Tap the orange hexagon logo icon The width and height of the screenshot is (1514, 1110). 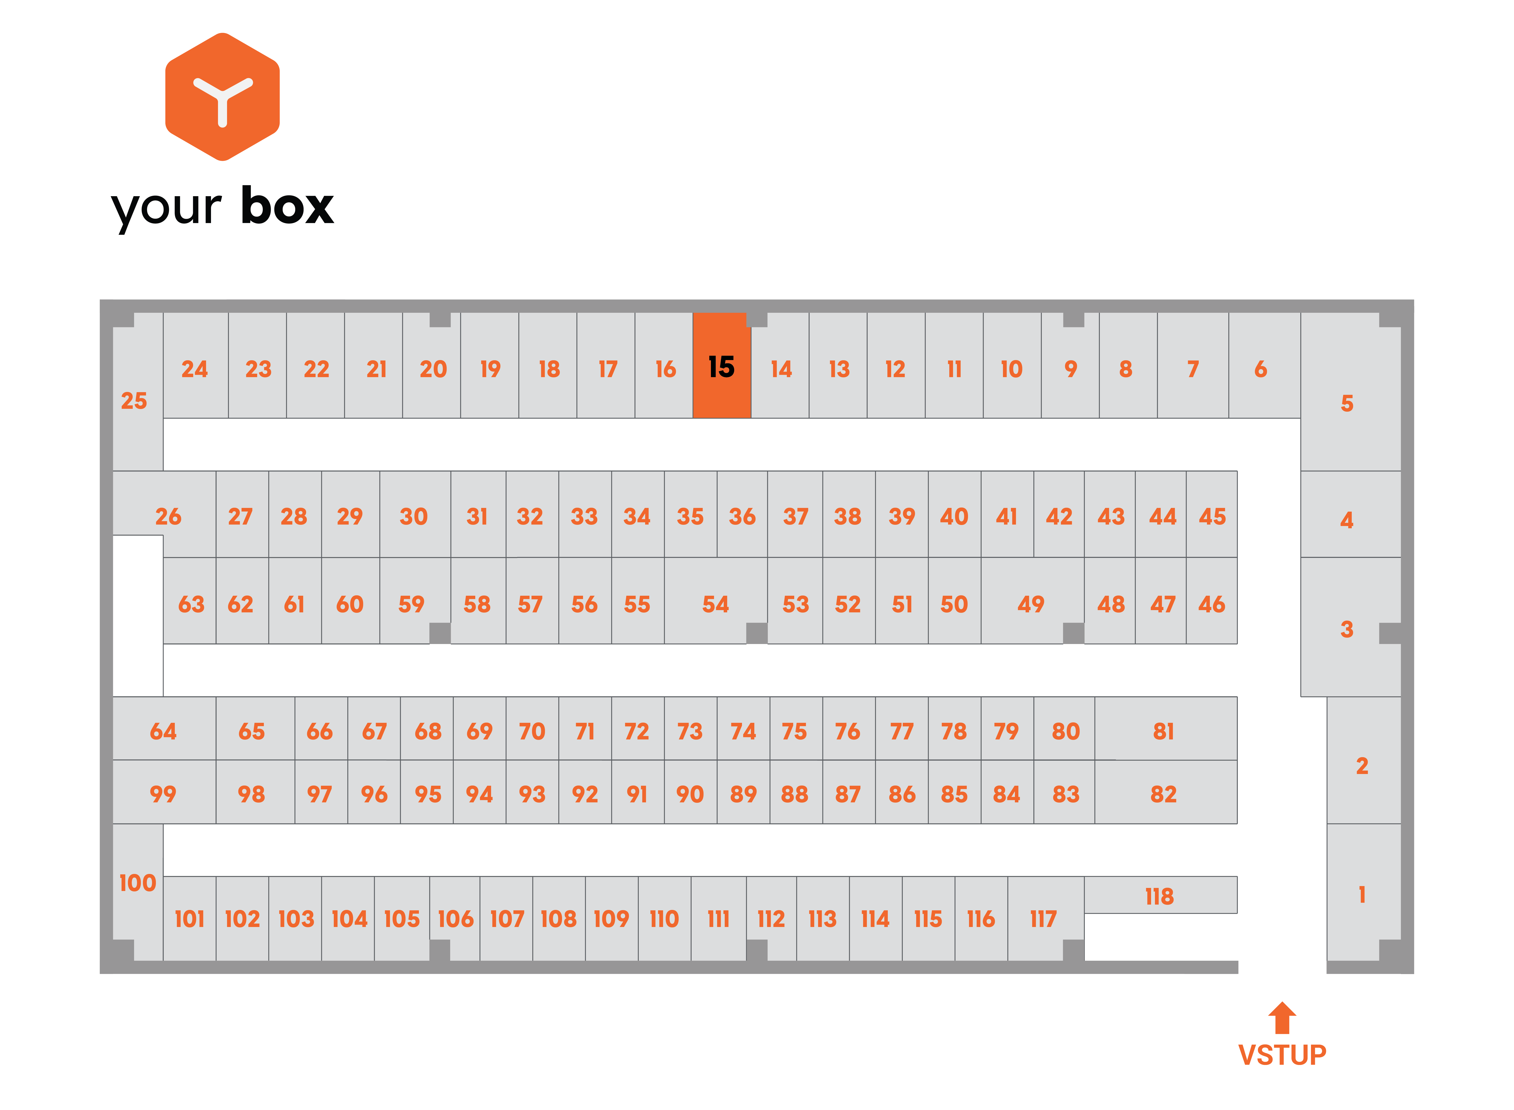click(x=223, y=97)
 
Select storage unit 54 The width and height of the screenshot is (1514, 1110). click(x=715, y=600)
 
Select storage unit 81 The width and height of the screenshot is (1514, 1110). click(x=1165, y=728)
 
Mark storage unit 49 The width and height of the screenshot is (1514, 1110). click(x=1032, y=600)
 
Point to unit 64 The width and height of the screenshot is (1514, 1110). click(x=164, y=728)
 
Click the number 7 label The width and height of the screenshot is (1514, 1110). click(x=1193, y=369)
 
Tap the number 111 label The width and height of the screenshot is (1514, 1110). click(x=718, y=919)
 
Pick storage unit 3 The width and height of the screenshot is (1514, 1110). click(x=1351, y=627)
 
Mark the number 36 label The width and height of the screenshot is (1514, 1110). click(x=743, y=516)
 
